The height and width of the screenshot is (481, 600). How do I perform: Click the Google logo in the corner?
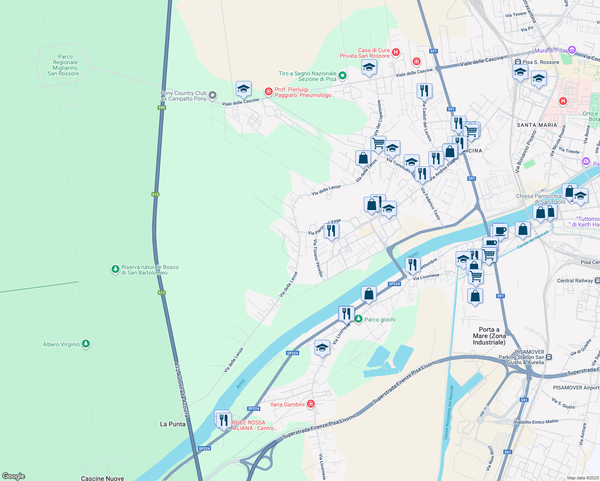click(14, 476)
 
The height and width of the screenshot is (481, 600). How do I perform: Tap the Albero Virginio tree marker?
click(85, 344)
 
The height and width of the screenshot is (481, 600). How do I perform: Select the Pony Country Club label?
click(184, 96)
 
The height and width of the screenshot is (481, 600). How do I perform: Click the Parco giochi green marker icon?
click(358, 319)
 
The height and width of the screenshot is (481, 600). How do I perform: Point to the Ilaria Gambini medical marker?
click(310, 404)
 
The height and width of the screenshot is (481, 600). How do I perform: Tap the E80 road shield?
click(162, 107)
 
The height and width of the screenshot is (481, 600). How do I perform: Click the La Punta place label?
click(172, 424)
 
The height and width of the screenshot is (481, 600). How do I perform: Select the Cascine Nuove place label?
click(102, 478)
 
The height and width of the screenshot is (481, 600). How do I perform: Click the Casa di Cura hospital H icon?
click(396, 52)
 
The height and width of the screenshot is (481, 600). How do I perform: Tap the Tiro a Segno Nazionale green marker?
click(342, 75)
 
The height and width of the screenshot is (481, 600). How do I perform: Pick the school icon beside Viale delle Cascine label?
click(243, 89)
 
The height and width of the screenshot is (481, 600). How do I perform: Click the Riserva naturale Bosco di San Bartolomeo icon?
click(115, 269)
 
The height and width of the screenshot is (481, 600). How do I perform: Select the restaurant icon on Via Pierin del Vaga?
click(331, 231)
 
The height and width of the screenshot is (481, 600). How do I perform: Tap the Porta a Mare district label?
click(489, 336)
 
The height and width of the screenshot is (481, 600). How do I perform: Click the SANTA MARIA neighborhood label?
click(537, 125)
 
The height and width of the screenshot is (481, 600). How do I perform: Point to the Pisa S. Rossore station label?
click(541, 62)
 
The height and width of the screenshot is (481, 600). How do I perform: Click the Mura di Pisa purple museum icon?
click(572, 51)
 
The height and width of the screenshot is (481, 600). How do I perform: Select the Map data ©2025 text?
click(582, 478)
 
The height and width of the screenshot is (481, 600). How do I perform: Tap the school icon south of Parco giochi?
click(322, 348)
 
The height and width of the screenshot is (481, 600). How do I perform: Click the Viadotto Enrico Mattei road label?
click(536, 422)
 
